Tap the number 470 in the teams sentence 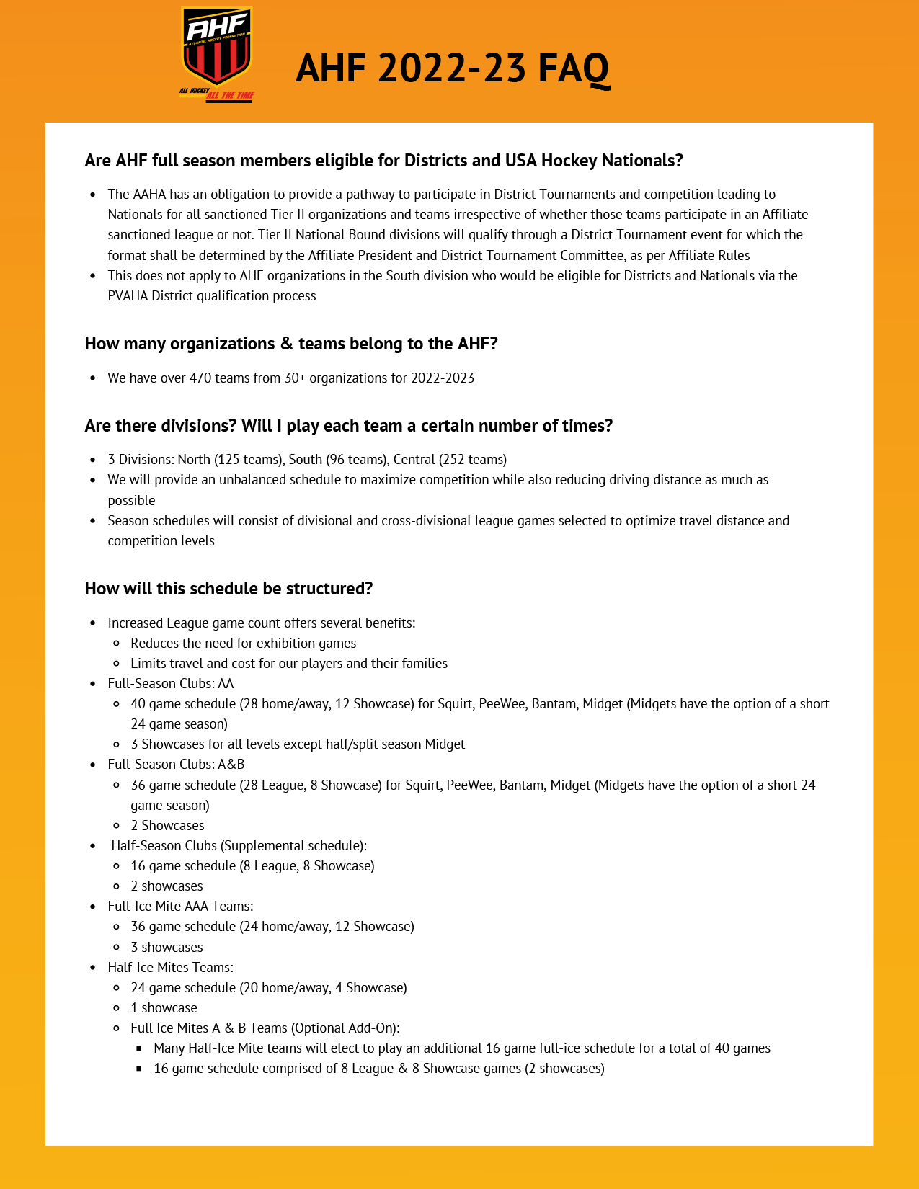200,378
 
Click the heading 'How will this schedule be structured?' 228,589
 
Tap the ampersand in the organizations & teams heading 286,344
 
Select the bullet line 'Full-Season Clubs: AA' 171,684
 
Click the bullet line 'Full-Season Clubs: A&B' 176,765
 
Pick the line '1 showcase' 164,1008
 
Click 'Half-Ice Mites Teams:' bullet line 171,968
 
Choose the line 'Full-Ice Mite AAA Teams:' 180,907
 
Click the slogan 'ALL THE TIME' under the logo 230,95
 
